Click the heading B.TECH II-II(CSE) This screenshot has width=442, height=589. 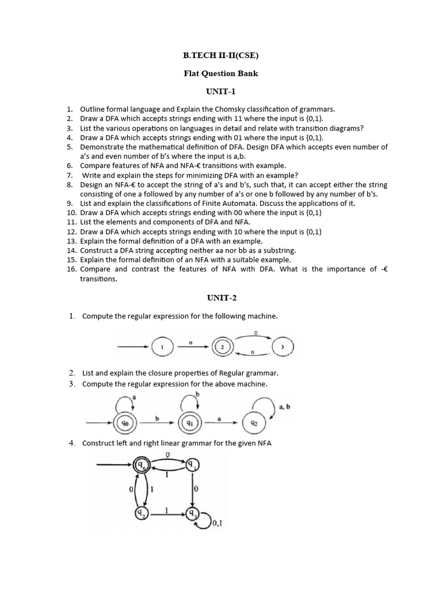[x=221, y=56]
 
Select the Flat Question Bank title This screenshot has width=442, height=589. [x=221, y=74]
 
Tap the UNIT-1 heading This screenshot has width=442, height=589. [x=221, y=91]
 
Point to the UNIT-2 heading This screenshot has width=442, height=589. [x=222, y=297]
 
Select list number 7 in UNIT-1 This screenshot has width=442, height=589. [x=70, y=175]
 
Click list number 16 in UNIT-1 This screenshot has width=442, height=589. [x=71, y=269]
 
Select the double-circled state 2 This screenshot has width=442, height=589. [x=222, y=347]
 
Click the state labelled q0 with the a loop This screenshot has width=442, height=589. [x=125, y=423]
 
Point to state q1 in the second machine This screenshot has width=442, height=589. [x=189, y=423]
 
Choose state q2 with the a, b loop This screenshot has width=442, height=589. [x=253, y=423]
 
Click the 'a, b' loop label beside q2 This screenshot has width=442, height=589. [x=285, y=407]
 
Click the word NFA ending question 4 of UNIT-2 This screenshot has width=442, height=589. [x=263, y=443]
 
